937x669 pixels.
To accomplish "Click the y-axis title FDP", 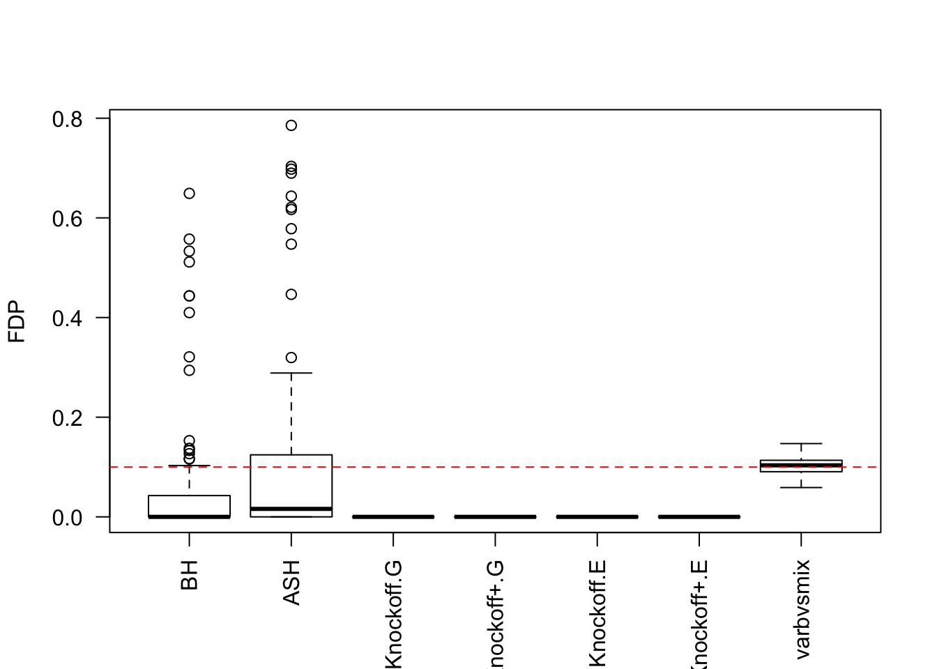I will tap(17, 322).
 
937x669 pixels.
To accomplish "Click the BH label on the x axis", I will tap(190, 575).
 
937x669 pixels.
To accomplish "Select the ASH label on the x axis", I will tap(291, 583).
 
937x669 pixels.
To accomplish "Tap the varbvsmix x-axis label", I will tap(802, 609).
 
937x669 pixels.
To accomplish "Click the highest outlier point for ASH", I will tap(291, 125).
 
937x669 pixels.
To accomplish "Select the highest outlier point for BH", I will tap(190, 193).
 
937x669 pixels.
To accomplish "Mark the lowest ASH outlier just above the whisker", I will tap(291, 357).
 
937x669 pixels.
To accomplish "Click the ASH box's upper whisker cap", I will tap(291, 373).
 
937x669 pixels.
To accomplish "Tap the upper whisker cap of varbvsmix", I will tap(801, 443).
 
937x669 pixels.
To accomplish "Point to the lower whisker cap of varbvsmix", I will tap(801, 487).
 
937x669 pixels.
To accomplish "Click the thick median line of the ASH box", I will tap(291, 509).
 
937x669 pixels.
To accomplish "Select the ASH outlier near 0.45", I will tap(291, 294).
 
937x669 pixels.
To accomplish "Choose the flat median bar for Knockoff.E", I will tap(597, 517).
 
